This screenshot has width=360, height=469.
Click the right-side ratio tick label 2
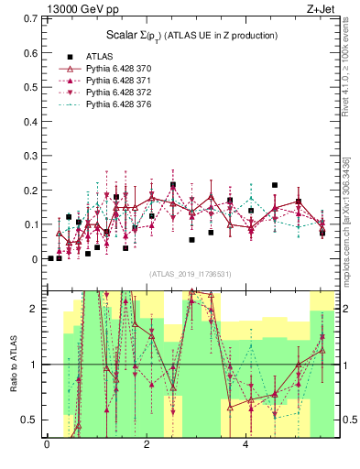click(x=350, y=309)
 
